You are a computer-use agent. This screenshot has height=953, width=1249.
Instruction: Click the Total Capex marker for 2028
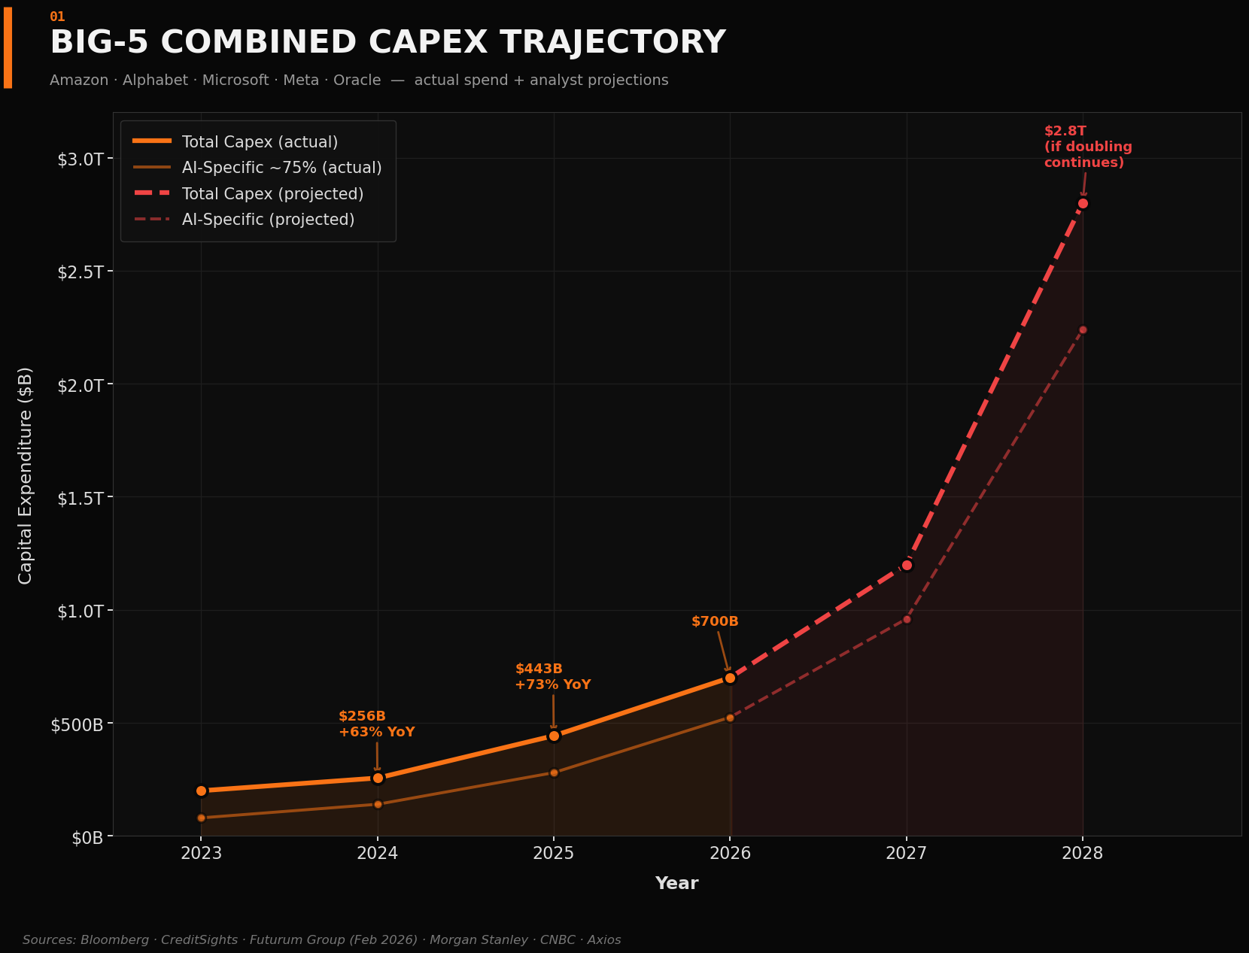1083,203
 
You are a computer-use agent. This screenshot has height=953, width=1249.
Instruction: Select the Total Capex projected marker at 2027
907,565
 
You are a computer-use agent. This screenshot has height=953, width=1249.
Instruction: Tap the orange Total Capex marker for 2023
201,791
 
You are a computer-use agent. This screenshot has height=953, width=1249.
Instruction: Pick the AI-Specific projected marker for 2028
1083,329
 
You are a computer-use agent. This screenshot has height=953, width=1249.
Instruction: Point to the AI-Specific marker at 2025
554,772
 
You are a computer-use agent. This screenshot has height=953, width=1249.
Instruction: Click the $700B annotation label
715,621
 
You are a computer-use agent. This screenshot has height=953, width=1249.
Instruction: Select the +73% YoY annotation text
553,684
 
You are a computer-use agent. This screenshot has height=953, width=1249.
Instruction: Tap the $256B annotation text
362,716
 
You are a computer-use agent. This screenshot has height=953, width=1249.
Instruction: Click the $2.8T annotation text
1065,131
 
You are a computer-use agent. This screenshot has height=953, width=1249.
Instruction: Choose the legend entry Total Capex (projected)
272,194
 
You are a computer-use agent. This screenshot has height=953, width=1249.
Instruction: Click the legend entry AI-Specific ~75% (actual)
281,168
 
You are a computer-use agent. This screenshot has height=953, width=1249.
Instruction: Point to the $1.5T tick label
81,498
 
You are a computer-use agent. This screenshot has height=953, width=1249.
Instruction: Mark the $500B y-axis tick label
76,724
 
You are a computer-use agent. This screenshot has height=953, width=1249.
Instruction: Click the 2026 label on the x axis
730,853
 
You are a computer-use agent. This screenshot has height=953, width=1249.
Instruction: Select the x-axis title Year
676,883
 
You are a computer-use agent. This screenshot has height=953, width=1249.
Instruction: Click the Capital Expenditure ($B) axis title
26,475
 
